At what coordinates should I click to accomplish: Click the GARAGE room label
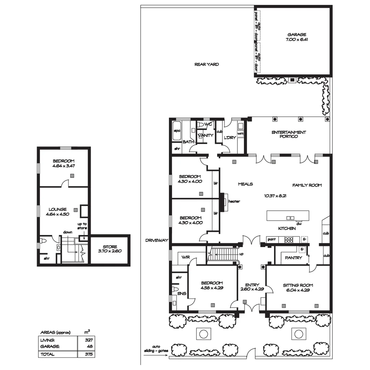(x=297, y=35)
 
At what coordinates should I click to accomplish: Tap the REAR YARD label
(x=207, y=64)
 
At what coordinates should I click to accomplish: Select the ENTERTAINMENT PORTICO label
(x=288, y=134)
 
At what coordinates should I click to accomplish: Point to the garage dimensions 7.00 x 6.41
(x=297, y=39)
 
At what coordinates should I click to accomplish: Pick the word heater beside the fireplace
(x=234, y=201)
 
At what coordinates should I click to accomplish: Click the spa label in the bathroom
(x=177, y=131)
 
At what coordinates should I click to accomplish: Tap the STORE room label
(x=110, y=247)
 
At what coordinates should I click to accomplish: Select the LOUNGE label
(x=57, y=209)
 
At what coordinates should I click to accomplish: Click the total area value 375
(x=89, y=355)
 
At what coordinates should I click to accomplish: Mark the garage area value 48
(x=90, y=347)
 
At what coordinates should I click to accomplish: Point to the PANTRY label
(x=294, y=258)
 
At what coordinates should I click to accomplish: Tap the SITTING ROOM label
(x=298, y=285)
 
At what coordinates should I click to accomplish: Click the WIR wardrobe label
(x=186, y=257)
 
